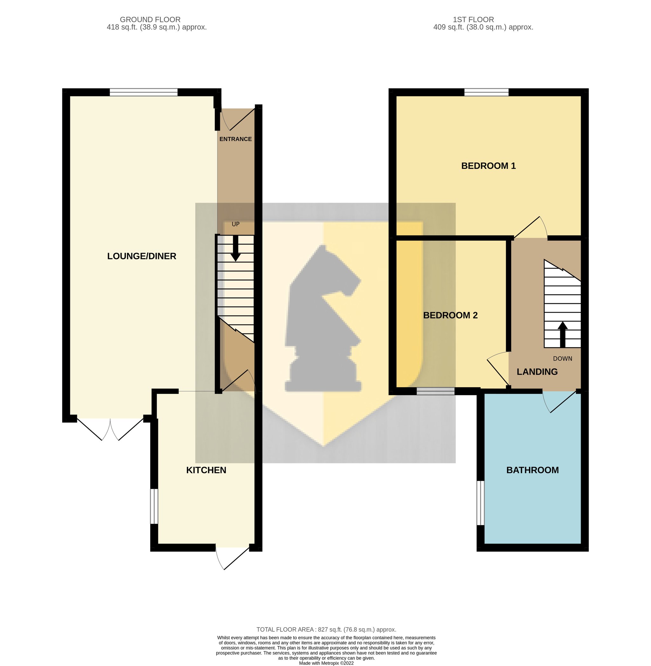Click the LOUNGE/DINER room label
[141, 256]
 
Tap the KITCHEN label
[206, 470]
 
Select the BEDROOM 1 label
[488, 166]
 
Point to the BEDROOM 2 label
[450, 315]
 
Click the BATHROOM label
[532, 470]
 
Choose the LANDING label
[537, 372]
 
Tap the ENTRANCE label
[236, 139]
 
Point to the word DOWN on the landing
[562, 359]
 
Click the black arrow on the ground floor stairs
[236, 249]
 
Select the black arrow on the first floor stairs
[562, 335]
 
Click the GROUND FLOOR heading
[150, 20]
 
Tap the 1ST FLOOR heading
[474, 20]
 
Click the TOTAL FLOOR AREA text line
[326, 629]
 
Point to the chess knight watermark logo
[323, 318]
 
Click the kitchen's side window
[154, 506]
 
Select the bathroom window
[481, 503]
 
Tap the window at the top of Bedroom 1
[486, 92]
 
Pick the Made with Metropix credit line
[326, 663]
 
